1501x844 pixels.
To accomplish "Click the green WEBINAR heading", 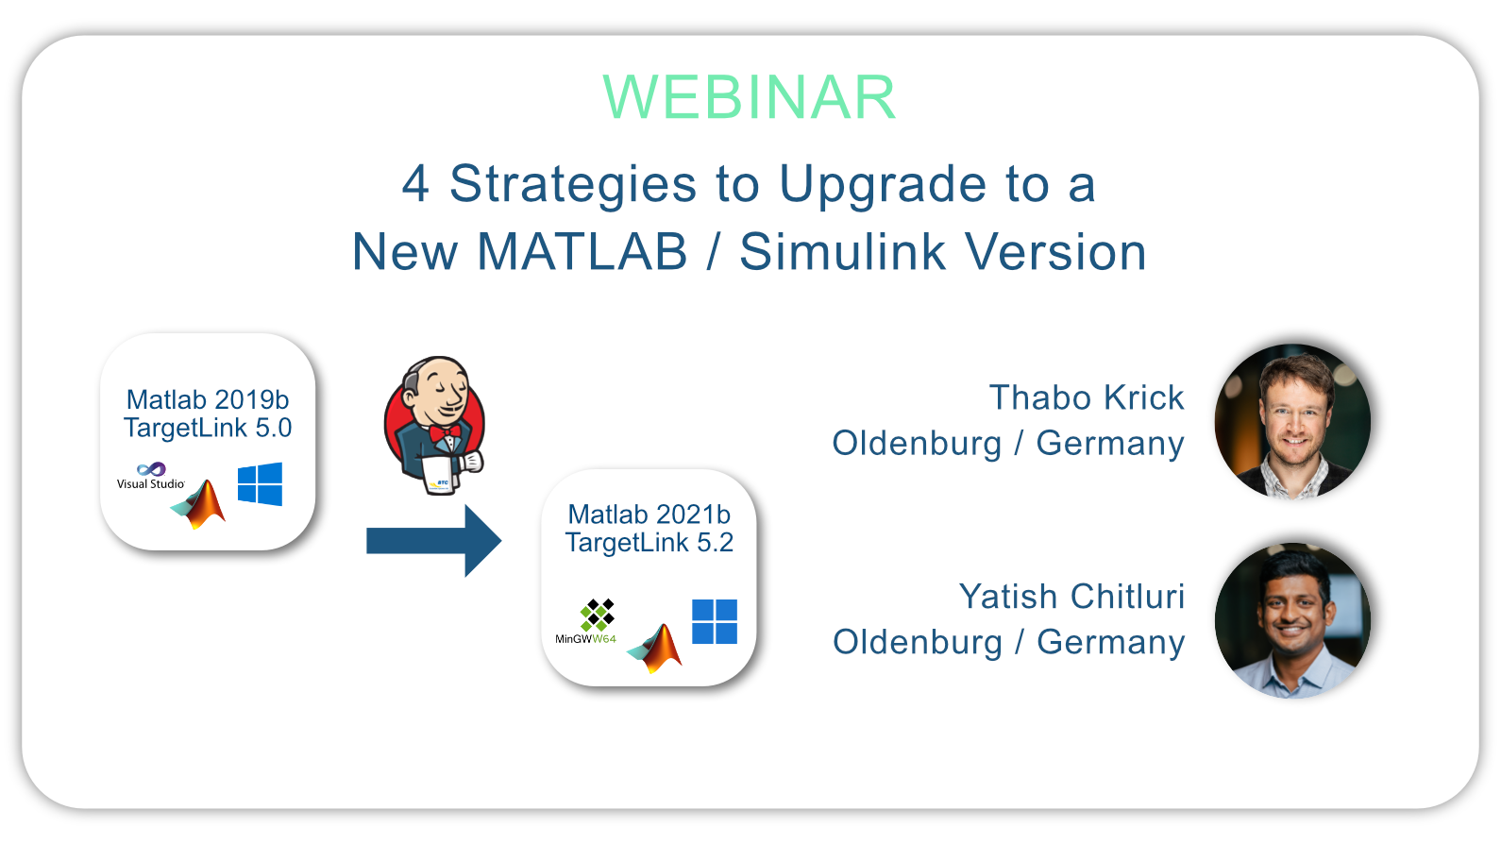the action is pyautogui.click(x=750, y=98).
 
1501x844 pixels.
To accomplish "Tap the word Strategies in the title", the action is pyautogui.click(x=573, y=185).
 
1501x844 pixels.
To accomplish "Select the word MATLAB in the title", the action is pyautogui.click(x=582, y=252).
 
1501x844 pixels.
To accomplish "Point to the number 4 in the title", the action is pyautogui.click(x=415, y=183).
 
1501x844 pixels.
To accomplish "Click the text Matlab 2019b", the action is pyautogui.click(x=208, y=399).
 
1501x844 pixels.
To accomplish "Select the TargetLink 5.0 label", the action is pyautogui.click(x=208, y=428).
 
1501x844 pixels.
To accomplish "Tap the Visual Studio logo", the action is pyautogui.click(x=151, y=476).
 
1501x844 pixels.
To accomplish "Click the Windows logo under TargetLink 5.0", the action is pyautogui.click(x=260, y=484).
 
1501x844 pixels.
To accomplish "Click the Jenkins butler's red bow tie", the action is pyautogui.click(x=445, y=432).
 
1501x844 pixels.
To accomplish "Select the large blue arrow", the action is pyautogui.click(x=433, y=541).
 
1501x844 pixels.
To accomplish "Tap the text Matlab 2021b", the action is pyautogui.click(x=649, y=515).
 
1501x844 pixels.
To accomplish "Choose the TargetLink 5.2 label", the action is pyautogui.click(x=649, y=542).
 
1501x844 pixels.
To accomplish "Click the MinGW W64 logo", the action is pyautogui.click(x=586, y=621).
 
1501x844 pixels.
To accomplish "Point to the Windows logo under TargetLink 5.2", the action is pyautogui.click(x=715, y=621).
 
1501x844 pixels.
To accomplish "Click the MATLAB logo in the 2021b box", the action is pyautogui.click(x=654, y=648).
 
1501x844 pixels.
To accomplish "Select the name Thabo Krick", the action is pyautogui.click(x=1087, y=397).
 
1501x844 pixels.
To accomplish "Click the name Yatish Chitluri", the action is pyautogui.click(x=1071, y=596).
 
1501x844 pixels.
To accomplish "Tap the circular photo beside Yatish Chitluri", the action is pyautogui.click(x=1292, y=620).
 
